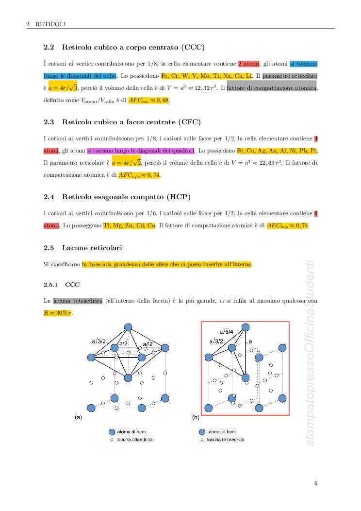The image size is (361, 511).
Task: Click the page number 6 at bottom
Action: (316, 483)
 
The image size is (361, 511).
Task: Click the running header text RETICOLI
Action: (50, 24)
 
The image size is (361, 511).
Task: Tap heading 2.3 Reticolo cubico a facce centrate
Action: (122, 121)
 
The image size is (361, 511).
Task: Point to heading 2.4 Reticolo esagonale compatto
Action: (117, 196)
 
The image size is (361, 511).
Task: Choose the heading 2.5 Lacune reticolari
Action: (82, 248)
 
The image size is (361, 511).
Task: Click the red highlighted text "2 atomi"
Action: (249, 64)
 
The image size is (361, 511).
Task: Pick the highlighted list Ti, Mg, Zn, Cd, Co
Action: (129, 225)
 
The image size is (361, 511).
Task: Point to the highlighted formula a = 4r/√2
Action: (126, 162)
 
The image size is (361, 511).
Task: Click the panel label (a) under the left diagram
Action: (78, 417)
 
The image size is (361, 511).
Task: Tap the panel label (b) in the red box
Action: (196, 417)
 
